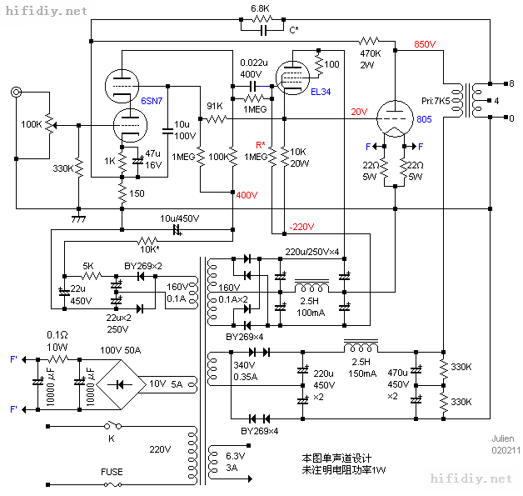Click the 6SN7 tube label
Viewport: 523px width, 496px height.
coord(152,101)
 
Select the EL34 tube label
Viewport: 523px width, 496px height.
coord(321,92)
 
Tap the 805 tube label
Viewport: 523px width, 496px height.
coord(424,119)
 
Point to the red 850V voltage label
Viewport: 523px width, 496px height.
coord(425,44)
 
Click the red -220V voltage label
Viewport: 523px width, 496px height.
coord(301,227)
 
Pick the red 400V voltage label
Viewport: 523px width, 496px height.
coord(247,195)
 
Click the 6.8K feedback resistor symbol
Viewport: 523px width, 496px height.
coord(262,19)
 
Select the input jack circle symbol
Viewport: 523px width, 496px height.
coord(17,93)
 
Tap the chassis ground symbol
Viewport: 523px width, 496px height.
coord(79,219)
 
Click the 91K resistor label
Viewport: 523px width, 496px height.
coord(215,106)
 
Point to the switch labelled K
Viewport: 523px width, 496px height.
coord(113,426)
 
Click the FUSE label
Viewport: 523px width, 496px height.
coord(112,472)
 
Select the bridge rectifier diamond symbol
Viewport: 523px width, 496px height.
coord(121,384)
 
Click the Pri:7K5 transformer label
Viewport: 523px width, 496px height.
coord(436,101)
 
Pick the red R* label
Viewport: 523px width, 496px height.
coord(261,145)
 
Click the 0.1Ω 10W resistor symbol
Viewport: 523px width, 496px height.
coord(58,359)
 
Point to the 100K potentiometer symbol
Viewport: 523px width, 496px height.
coord(50,125)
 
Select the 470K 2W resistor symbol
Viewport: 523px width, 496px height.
coord(369,41)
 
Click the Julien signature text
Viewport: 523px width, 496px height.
coord(503,438)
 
